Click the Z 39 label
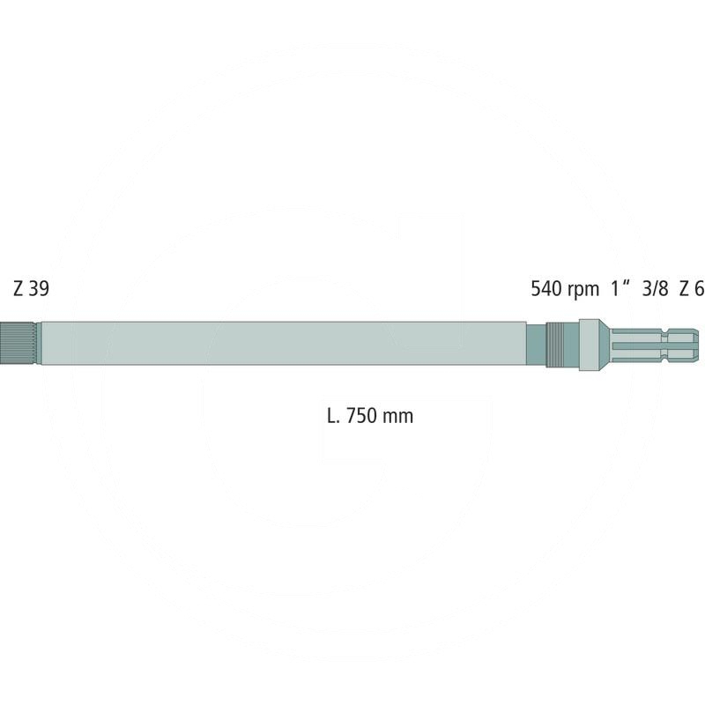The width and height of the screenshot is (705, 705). coord(32,288)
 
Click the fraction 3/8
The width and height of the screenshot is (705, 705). coord(656,288)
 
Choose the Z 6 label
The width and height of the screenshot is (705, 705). coord(692,288)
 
